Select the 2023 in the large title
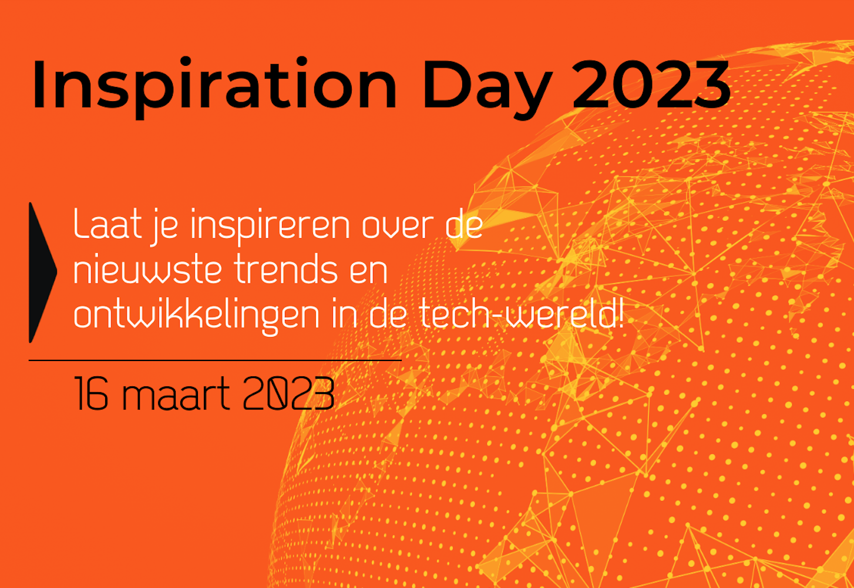(651, 84)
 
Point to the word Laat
(107, 223)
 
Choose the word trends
(285, 268)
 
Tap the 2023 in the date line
(288, 393)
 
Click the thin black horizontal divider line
(215, 360)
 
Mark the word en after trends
(368, 272)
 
